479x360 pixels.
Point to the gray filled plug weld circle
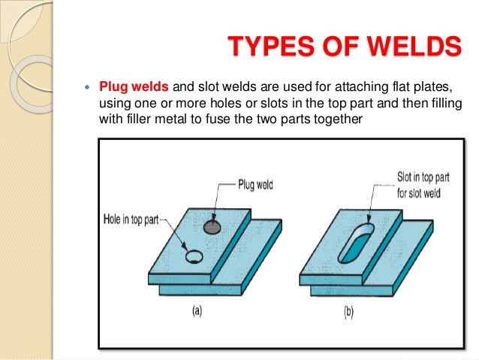[x=213, y=226]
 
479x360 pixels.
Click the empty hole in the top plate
[x=194, y=257]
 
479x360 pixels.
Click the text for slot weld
[x=419, y=192]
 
